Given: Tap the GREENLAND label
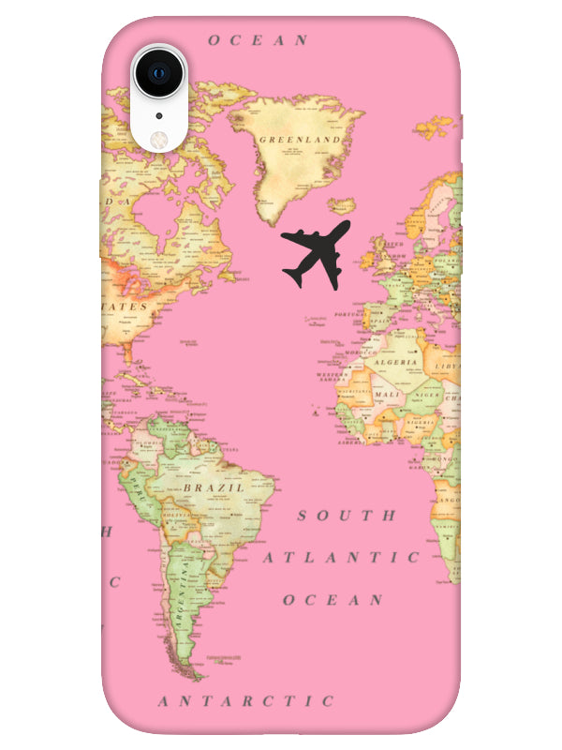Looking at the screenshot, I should click(300, 140).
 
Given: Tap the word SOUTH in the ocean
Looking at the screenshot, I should click(347, 516).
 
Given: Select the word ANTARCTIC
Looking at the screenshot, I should click(245, 701).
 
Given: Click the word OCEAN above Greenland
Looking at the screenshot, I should click(258, 40).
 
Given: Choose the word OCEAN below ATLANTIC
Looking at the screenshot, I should click(333, 600).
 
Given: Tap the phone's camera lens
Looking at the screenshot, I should click(158, 72).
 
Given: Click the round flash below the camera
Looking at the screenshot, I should click(158, 137).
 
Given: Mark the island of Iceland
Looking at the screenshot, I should click(343, 205).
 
